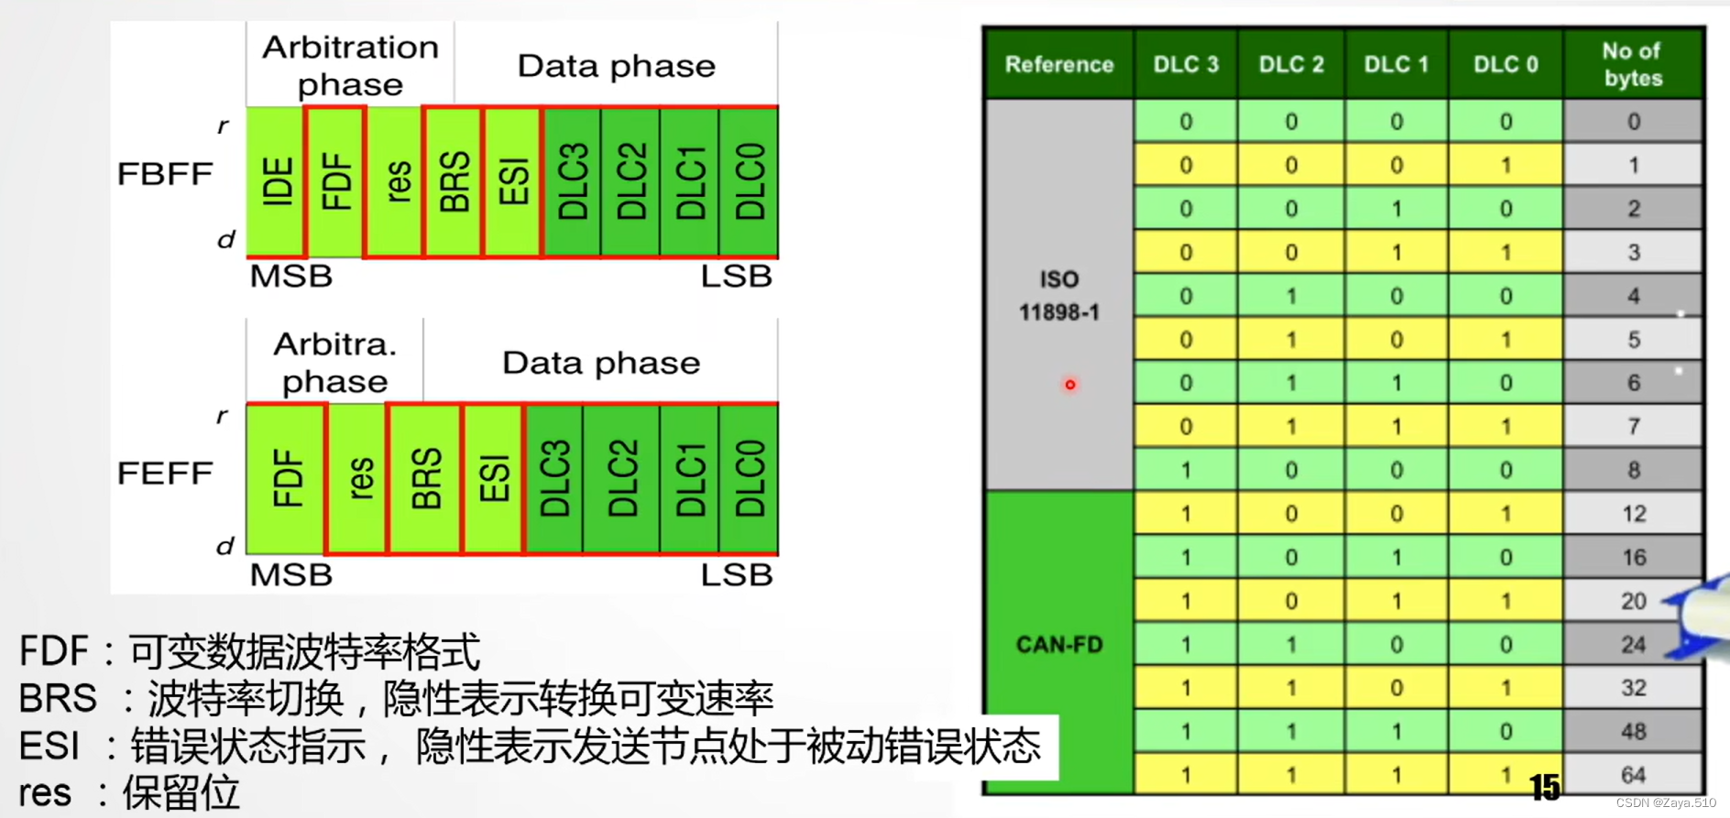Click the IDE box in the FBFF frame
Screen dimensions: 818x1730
(276, 181)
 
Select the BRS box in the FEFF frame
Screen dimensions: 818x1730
(425, 478)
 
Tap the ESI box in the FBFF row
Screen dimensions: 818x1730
(512, 181)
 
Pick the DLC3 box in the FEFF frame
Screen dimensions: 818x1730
(553, 478)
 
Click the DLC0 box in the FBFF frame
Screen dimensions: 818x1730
(749, 181)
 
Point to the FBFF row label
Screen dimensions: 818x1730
(165, 174)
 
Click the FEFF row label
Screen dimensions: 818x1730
(165, 474)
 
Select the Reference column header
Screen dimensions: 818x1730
(1058, 64)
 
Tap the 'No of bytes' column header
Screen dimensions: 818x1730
(1632, 64)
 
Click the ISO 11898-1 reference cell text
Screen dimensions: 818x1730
(1058, 295)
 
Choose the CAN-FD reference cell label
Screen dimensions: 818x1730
(1058, 645)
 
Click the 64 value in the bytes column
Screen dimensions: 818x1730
(1633, 775)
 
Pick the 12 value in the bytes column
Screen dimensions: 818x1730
(1633, 514)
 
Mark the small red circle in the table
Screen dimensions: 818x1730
(1069, 385)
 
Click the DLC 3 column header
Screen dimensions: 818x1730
(1185, 64)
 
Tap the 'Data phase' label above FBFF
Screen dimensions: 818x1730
(616, 66)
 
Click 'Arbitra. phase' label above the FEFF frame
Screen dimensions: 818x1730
(334, 363)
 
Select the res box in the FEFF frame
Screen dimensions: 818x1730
(358, 478)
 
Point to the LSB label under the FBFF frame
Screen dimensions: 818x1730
(736, 277)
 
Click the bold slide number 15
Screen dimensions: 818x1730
(1544, 787)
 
